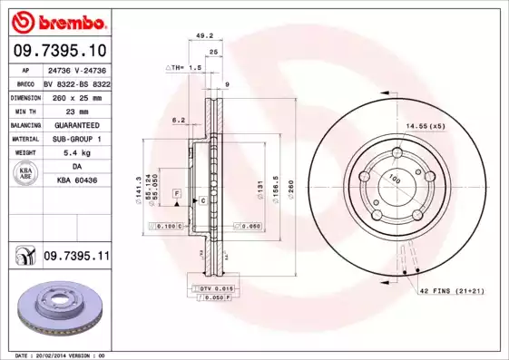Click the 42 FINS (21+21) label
coord(451,290)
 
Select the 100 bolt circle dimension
coord(395,180)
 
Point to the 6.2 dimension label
coord(178,119)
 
